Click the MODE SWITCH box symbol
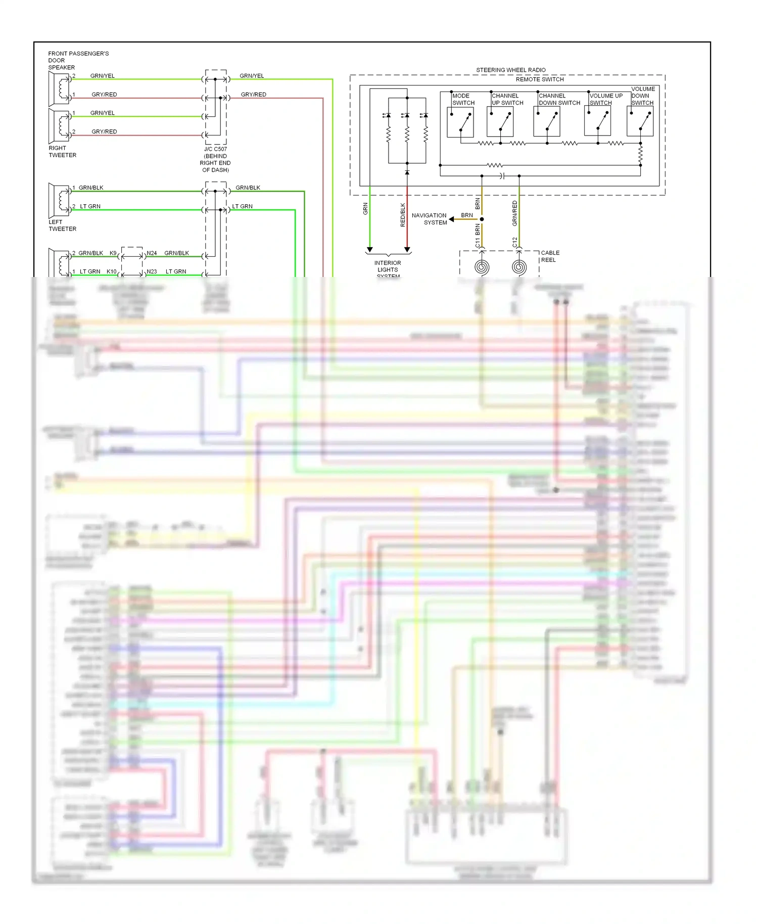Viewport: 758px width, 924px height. point(460,122)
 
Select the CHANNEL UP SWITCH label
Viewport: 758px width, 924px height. point(507,99)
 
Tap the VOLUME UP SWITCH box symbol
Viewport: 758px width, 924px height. point(597,122)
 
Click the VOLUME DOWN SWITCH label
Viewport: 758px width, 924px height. point(643,96)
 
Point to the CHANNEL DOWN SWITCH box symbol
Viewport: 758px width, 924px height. point(546,122)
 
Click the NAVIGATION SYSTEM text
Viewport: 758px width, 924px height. point(429,219)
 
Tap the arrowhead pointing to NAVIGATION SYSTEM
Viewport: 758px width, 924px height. point(452,219)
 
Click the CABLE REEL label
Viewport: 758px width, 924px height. point(550,256)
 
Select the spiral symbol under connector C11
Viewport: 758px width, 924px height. point(482,267)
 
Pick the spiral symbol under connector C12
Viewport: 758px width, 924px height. point(519,267)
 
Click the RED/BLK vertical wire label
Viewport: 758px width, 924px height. point(403,215)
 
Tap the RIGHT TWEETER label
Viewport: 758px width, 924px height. point(62,152)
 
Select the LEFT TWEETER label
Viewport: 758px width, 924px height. point(62,225)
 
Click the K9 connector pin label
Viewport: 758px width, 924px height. point(113,253)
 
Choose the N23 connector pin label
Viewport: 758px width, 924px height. point(152,271)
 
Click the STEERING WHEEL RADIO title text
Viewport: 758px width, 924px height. point(510,70)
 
